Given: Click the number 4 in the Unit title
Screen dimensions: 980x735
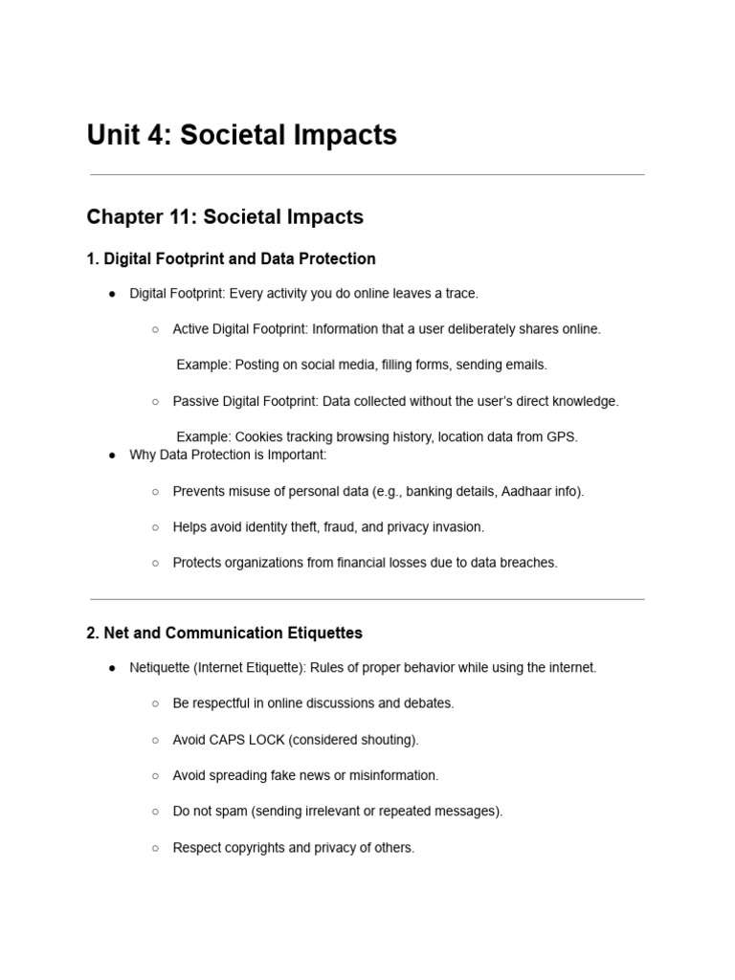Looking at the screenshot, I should click(159, 136).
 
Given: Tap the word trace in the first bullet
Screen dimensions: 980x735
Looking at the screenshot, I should click(458, 294).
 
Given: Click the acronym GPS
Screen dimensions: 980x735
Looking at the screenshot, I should click(562, 437).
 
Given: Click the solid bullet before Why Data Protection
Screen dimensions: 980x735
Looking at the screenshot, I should click(113, 456).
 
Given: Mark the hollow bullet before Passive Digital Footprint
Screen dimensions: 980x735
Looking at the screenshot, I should click(155, 402).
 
